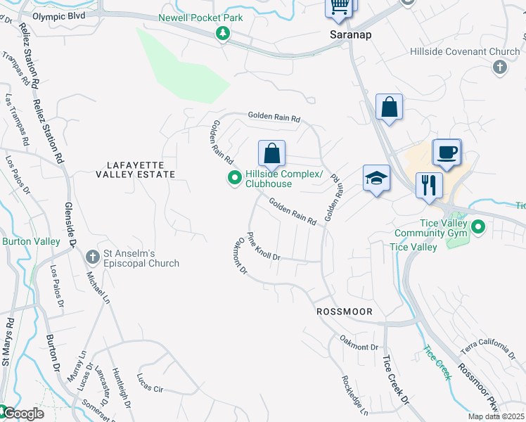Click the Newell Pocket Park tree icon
click(223, 33)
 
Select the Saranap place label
click(350, 34)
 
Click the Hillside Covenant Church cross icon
click(499, 68)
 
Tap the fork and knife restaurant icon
click(429, 186)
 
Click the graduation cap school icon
click(376, 179)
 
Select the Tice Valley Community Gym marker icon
click(478, 227)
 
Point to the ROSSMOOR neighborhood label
click(343, 311)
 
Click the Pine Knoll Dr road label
click(264, 246)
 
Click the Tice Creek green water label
click(437, 362)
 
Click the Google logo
click(23, 414)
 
